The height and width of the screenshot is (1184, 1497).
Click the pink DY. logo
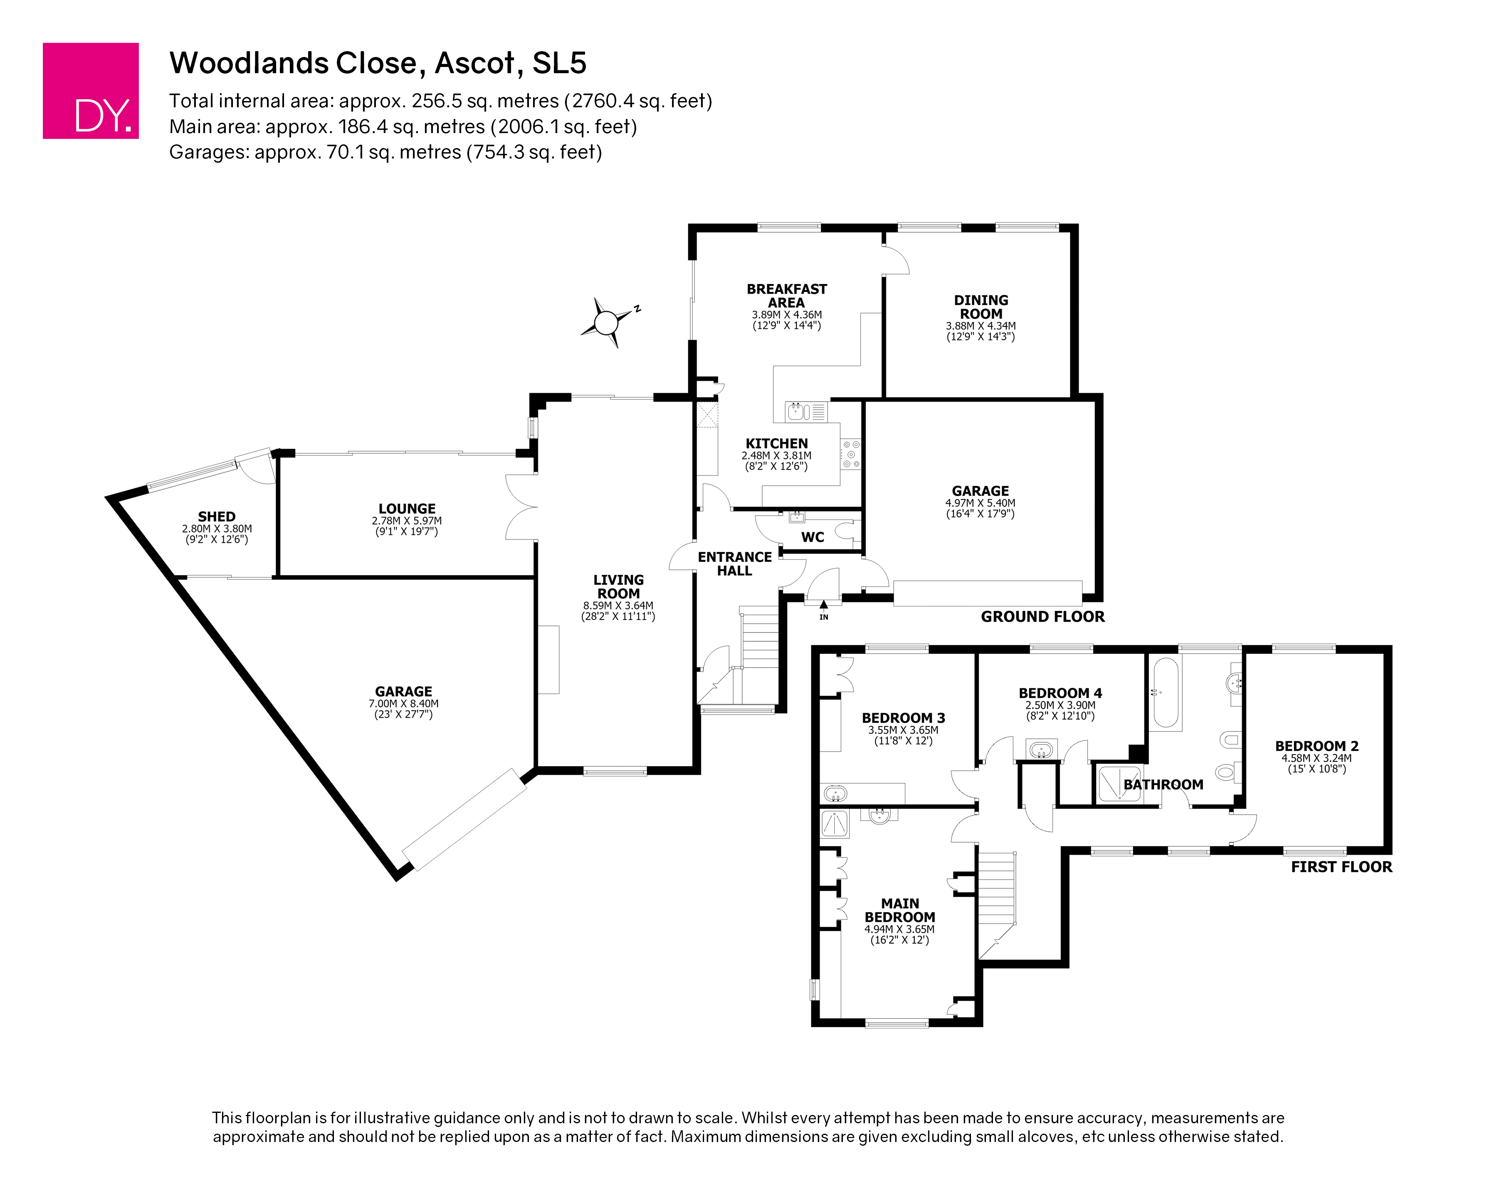pyautogui.click(x=91, y=91)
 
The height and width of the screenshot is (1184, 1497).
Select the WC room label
pyautogui.click(x=813, y=537)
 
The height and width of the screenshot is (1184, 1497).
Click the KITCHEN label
pyautogui.click(x=777, y=444)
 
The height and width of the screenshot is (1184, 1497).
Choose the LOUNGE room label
pyautogui.click(x=407, y=509)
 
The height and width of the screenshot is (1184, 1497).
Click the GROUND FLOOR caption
pyautogui.click(x=1043, y=617)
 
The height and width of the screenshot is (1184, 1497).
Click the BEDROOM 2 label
pyautogui.click(x=1317, y=746)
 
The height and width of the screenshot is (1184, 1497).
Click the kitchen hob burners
pyautogui.click(x=851, y=455)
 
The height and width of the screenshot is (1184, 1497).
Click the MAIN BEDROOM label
pyautogui.click(x=899, y=910)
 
